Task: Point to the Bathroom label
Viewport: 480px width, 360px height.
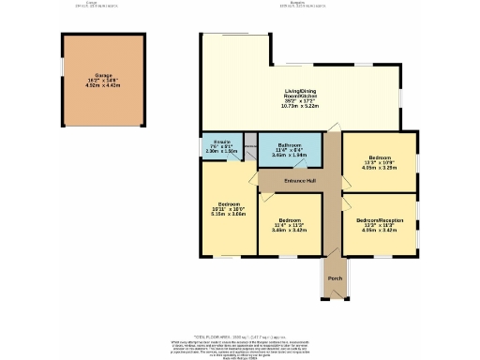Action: tap(291, 145)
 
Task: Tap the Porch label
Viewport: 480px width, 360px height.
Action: tap(335, 277)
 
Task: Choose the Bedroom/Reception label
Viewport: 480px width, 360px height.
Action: tap(380, 221)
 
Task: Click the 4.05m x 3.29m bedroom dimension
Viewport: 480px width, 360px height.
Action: tap(380, 168)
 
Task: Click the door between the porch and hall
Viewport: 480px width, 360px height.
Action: tap(335, 256)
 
